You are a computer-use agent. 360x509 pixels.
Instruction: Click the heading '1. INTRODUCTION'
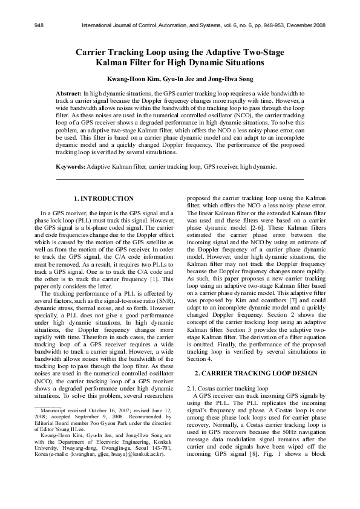click(103, 198)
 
